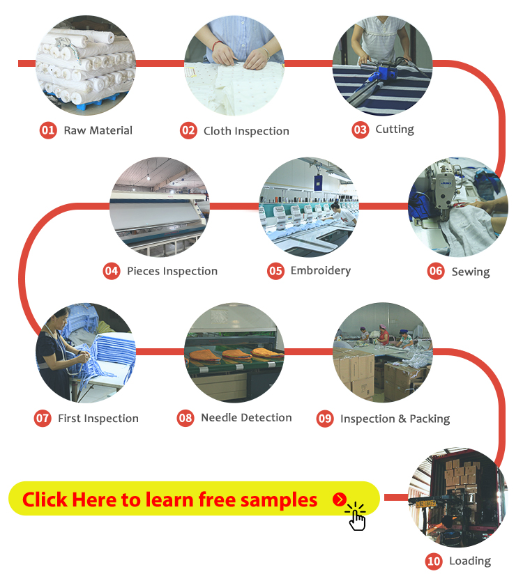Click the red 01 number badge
coord(48,130)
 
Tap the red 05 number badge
coord(275,271)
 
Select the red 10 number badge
coord(434,561)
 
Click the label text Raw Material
coord(98,130)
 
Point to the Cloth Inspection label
coord(246,131)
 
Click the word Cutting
coord(395,130)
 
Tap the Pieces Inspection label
coord(172,271)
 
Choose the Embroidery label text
coord(321,271)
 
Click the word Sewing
coord(471,272)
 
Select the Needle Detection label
coord(246,417)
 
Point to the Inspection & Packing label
coord(395,419)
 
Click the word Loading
coord(470,561)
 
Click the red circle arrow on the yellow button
coord(340,499)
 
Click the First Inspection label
coord(98,419)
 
